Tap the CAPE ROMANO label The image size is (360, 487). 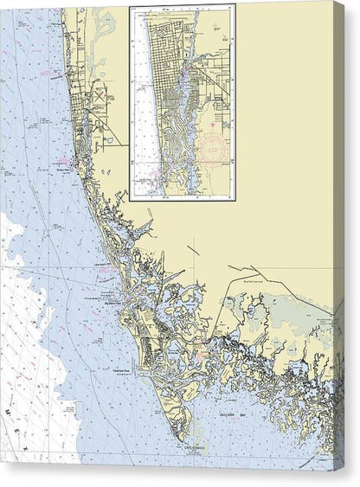197,448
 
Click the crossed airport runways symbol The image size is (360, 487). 99,94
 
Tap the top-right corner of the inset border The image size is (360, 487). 235,6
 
